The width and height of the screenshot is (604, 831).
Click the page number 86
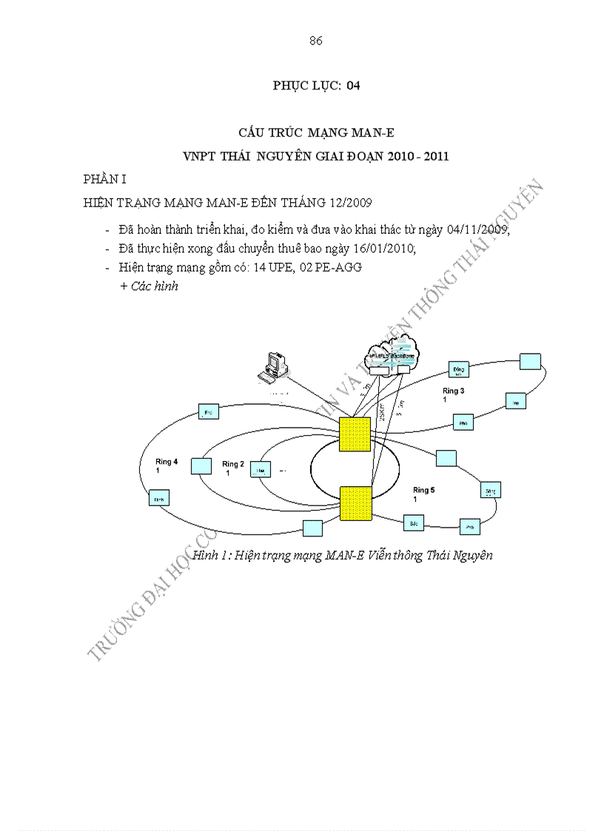[315, 41]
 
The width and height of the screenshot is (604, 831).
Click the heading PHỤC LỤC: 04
[316, 86]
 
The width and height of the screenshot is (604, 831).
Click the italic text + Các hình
[149, 286]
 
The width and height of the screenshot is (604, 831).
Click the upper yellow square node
[355, 434]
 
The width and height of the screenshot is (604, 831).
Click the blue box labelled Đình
[158, 499]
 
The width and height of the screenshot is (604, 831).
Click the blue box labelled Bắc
[412, 522]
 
